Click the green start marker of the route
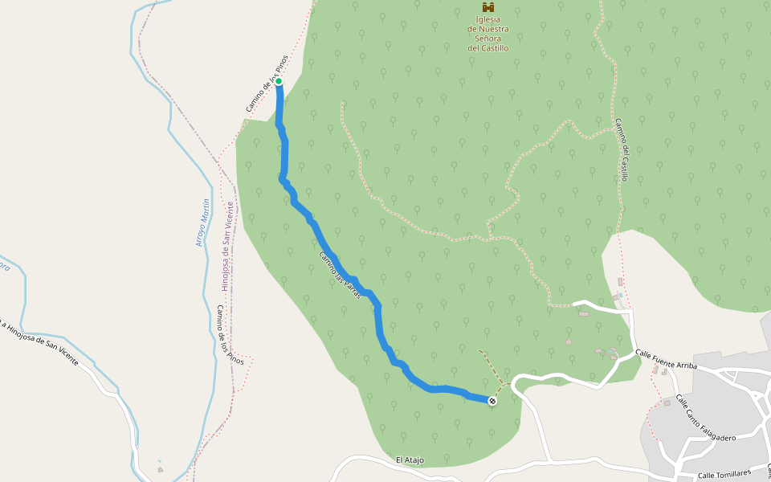click(279, 81)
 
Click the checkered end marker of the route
click(492, 401)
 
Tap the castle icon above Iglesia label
click(488, 7)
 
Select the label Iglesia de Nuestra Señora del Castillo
click(488, 34)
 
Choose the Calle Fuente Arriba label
click(667, 359)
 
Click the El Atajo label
click(410, 460)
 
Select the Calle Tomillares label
click(723, 475)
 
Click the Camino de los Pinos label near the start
click(266, 89)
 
